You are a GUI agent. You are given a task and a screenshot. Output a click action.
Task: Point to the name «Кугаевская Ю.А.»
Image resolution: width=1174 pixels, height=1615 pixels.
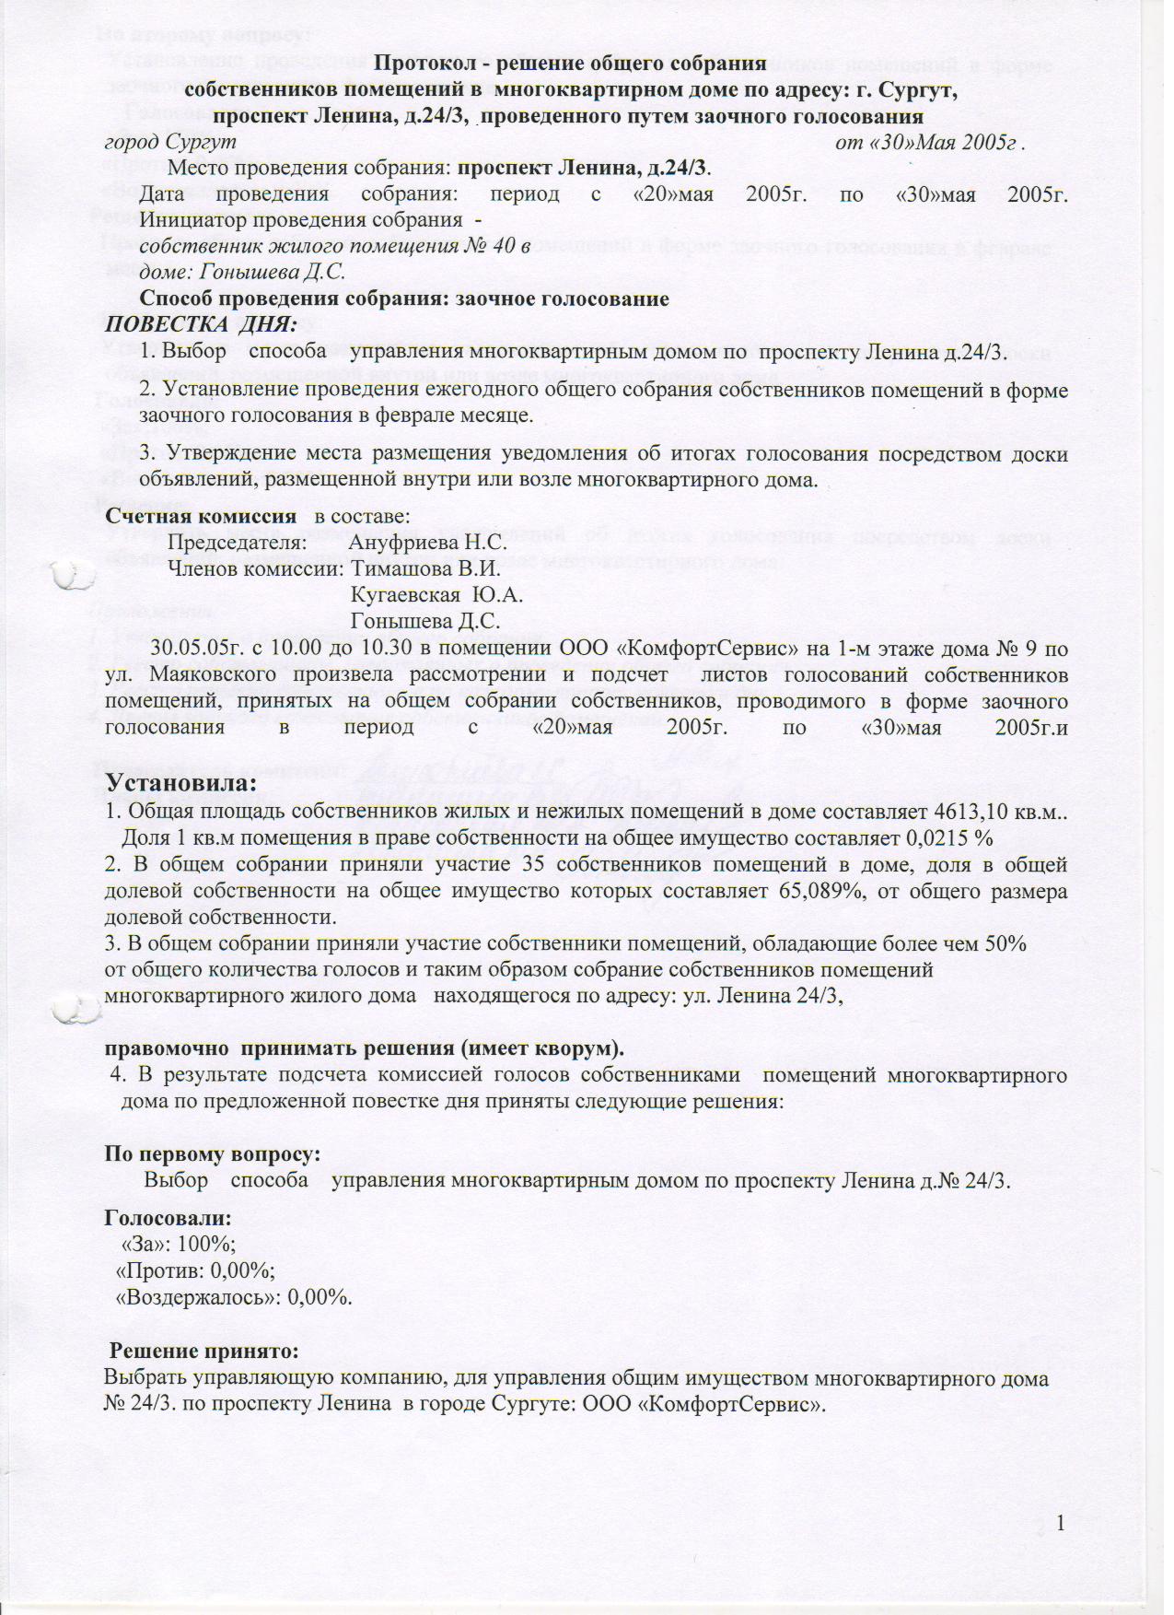[437, 595]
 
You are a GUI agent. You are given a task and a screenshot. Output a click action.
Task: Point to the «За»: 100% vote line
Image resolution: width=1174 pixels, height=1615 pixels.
[179, 1243]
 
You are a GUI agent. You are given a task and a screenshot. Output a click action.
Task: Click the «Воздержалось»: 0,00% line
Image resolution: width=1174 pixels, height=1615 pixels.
[233, 1296]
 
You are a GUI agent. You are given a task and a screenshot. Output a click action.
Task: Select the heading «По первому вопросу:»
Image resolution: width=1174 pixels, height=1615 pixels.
[213, 1153]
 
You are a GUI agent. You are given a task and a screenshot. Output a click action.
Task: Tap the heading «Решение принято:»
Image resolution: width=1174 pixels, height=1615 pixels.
[205, 1352]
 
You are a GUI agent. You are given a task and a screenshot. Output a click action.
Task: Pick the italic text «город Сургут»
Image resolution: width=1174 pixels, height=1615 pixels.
[170, 143]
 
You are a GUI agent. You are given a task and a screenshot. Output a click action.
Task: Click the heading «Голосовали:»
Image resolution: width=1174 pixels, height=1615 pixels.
[168, 1217]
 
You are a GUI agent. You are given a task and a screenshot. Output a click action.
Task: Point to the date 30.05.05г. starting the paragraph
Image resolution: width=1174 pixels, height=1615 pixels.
[204, 649]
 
